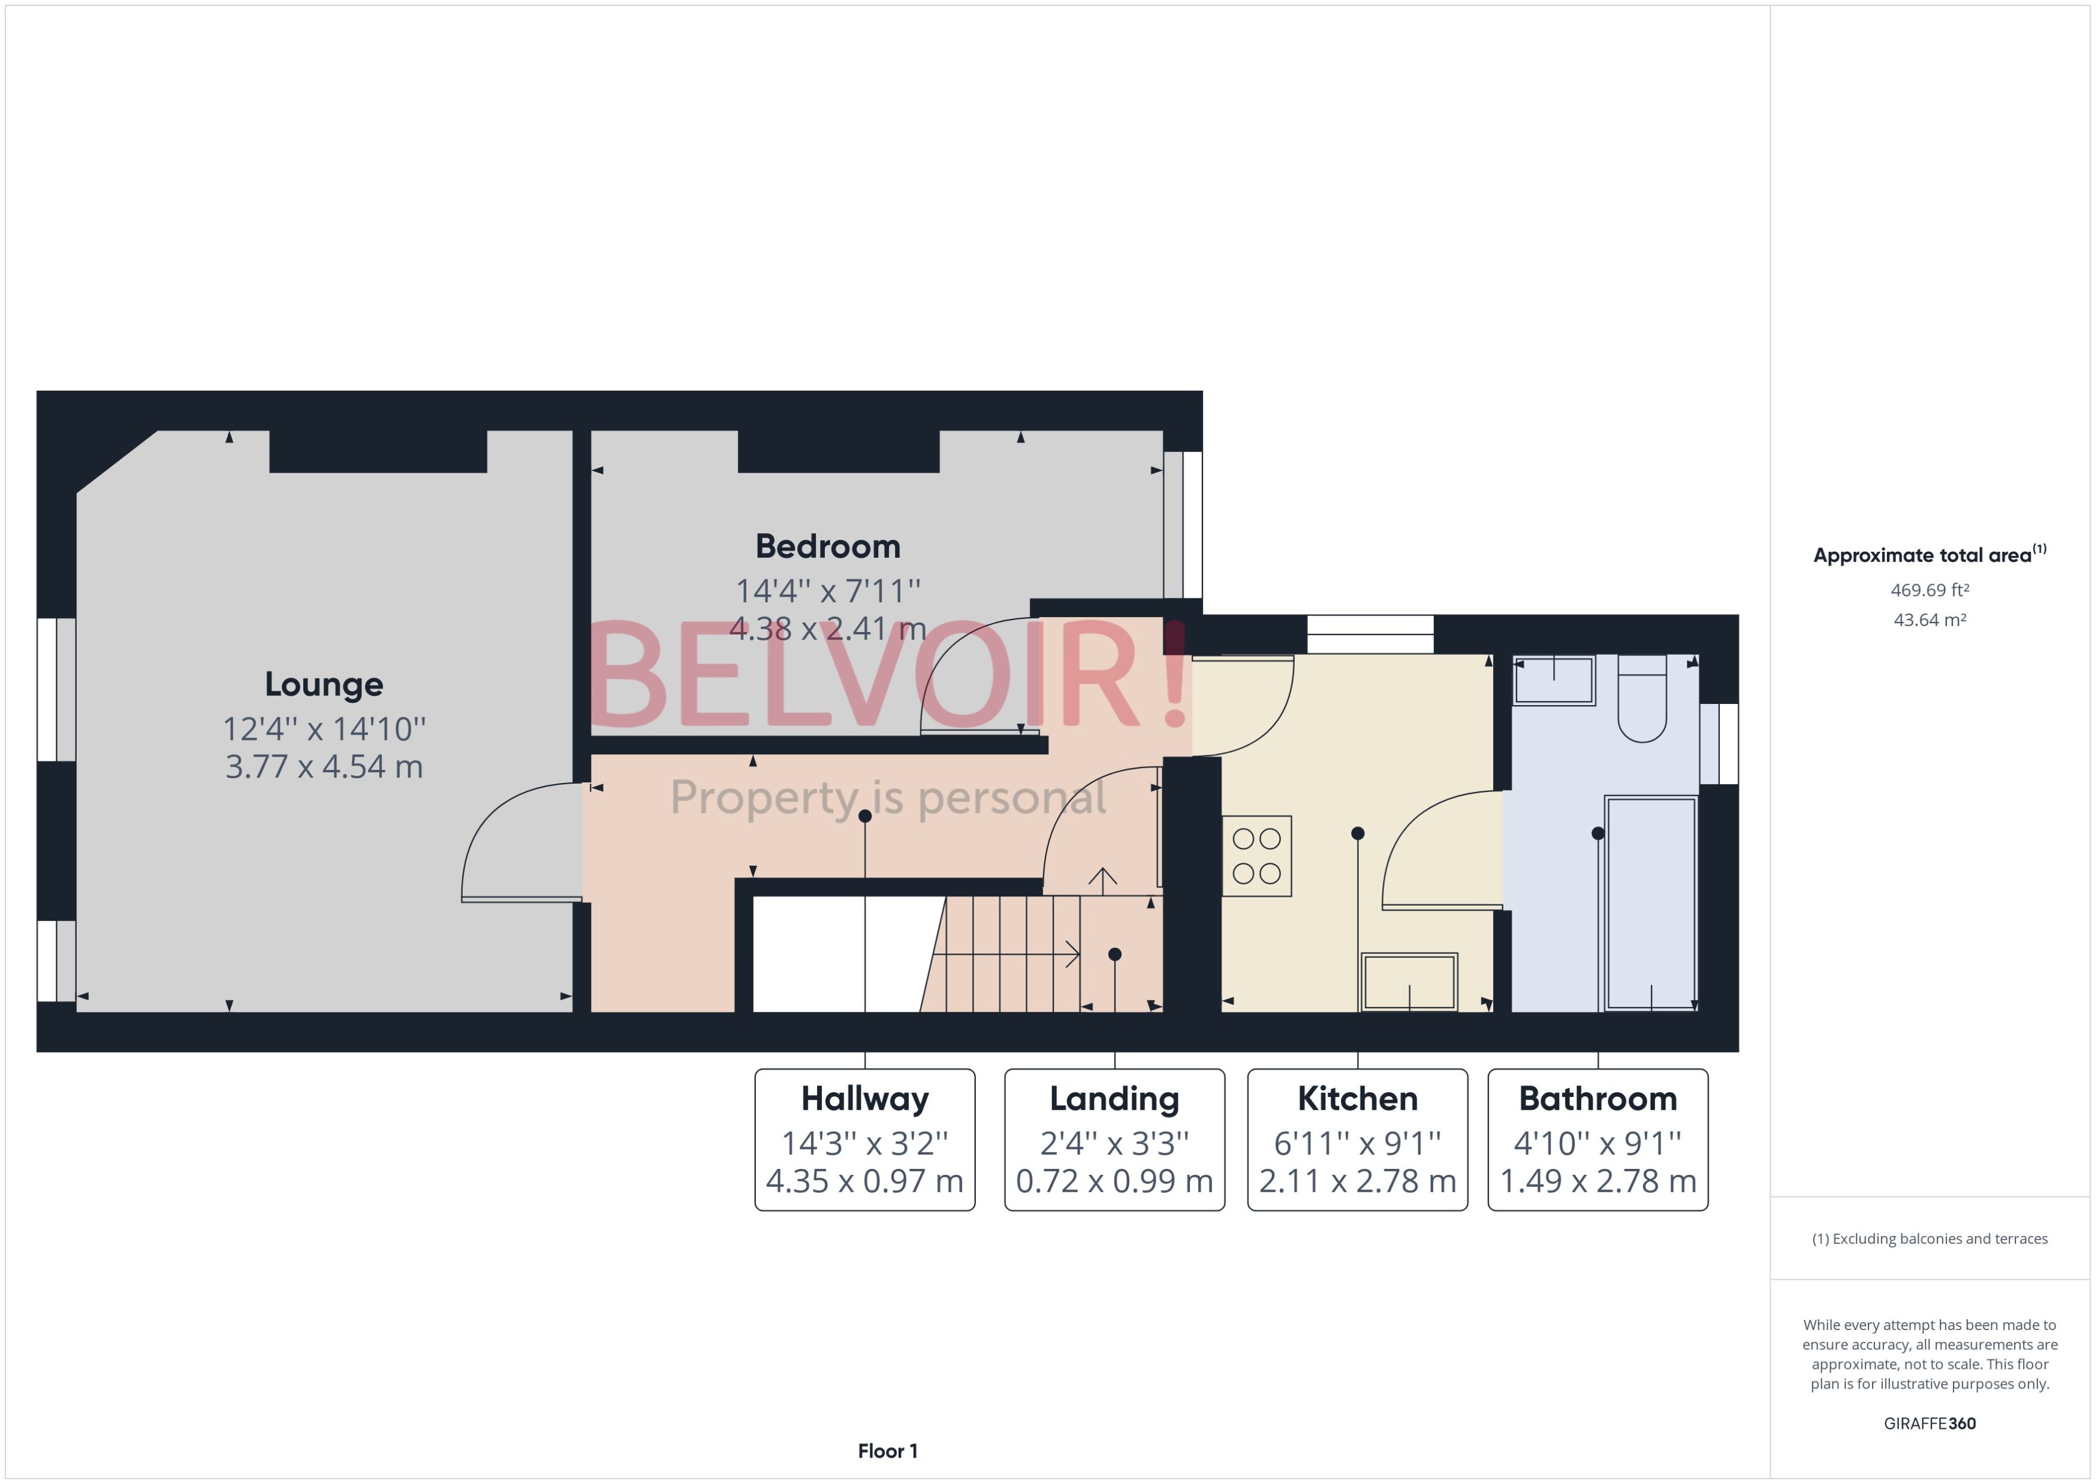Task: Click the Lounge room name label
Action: coord(324,684)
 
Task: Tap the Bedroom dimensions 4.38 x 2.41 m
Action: coord(827,628)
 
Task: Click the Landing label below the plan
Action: coord(1114,1098)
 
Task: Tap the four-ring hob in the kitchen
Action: coord(1256,856)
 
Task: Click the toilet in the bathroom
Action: coord(1642,699)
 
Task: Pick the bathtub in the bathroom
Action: coord(1651,903)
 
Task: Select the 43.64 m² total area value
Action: coord(1929,619)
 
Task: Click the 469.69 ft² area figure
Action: coord(1929,590)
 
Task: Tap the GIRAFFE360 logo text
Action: coord(1929,1423)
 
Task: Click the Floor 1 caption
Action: coord(887,1450)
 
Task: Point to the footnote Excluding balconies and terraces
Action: coord(1929,1238)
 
